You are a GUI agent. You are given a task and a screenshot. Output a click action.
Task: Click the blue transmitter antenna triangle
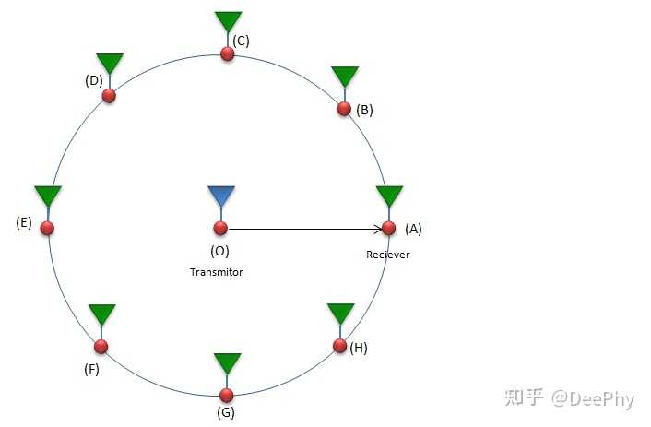tap(220, 196)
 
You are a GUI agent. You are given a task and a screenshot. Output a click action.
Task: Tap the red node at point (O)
tap(220, 228)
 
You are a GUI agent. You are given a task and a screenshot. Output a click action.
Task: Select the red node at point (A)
tap(388, 228)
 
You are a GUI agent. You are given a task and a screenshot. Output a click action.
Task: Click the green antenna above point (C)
tap(228, 21)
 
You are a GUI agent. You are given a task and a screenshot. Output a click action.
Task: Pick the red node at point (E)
tap(47, 228)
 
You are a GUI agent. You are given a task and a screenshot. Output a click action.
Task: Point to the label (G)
tap(226, 412)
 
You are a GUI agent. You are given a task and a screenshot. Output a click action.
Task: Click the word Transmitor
tap(217, 272)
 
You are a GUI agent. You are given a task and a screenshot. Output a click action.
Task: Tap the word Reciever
tap(388, 255)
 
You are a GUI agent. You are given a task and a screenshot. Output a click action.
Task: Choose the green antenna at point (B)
tap(344, 77)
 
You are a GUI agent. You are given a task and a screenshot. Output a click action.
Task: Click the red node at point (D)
tap(109, 96)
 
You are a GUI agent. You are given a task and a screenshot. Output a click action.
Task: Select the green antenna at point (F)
tap(101, 314)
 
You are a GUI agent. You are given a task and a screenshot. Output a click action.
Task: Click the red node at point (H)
tap(339, 347)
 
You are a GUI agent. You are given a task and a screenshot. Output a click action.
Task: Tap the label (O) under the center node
tap(219, 250)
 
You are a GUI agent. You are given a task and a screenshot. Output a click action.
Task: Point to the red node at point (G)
tap(227, 394)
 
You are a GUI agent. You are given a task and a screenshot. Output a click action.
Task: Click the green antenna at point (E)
tap(48, 196)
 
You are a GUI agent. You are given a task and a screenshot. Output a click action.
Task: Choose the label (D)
tap(93, 80)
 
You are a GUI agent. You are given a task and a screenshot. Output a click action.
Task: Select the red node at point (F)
tap(101, 347)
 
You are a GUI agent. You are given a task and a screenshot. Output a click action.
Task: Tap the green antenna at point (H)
tap(340, 314)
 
